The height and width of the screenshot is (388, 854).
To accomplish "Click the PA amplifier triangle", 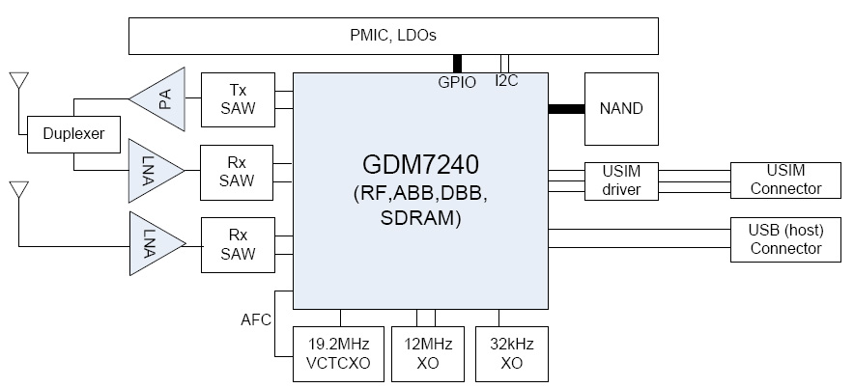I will coord(161,97).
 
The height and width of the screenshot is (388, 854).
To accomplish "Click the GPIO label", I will coord(457,83).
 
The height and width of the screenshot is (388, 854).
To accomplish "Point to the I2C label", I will coord(506,81).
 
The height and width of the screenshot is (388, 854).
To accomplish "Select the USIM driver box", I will coord(620,180).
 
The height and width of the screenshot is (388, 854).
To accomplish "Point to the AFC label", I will coord(256,319).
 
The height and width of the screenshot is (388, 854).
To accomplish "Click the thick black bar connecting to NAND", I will coord(566,107).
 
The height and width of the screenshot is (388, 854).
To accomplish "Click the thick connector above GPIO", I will coord(456,63).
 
